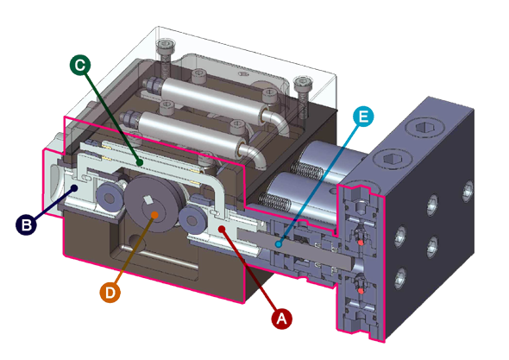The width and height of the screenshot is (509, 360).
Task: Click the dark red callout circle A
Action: [281, 319]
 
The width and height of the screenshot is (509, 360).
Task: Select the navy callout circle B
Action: [26, 224]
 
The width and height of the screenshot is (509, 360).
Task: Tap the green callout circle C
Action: [80, 65]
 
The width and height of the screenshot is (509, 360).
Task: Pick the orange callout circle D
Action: [110, 293]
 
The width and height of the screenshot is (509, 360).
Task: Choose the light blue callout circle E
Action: [363, 116]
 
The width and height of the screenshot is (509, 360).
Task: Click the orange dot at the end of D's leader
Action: [154, 215]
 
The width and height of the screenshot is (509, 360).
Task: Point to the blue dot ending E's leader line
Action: [278, 243]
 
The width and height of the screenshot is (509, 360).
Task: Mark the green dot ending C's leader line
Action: [140, 162]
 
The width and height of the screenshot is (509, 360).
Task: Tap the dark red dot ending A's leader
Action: [222, 230]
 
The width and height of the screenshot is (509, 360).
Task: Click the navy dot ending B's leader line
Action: [75, 188]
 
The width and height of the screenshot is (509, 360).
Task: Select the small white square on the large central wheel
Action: [148, 200]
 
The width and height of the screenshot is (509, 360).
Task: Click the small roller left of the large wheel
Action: [110, 199]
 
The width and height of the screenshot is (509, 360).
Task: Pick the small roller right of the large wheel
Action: [192, 221]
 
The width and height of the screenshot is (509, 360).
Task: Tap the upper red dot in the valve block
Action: [361, 243]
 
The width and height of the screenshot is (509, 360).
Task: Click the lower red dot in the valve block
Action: [361, 292]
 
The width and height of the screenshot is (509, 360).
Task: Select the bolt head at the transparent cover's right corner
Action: [303, 84]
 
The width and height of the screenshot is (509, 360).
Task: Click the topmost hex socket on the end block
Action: [422, 128]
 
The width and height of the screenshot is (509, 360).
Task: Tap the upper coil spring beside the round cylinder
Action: [307, 170]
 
